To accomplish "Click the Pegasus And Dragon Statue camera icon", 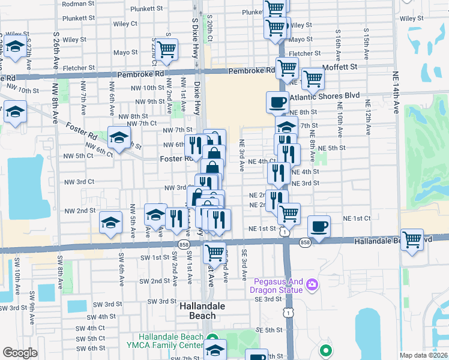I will coord(312,284).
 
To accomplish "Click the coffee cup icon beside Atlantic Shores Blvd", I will coord(276,102).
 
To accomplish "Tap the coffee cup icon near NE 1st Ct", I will coord(319,227).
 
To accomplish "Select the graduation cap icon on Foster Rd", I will coord(119,137).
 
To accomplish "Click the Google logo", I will coord(20,353).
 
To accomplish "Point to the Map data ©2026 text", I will coord(423,355).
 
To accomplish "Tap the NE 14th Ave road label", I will coord(397,97).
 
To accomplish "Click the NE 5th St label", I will coord(331,148).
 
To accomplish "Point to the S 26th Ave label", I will coord(56,45).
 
